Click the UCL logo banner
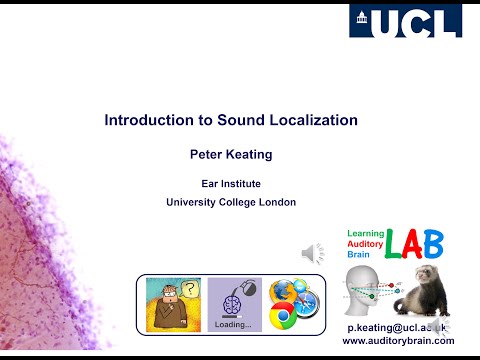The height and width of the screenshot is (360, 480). click(x=405, y=22)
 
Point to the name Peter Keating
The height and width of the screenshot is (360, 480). click(x=231, y=155)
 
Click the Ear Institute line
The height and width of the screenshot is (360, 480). click(x=231, y=183)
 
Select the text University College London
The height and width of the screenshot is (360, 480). click(x=231, y=203)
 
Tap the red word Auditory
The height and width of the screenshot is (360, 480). click(x=366, y=243)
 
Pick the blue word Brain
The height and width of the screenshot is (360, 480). click(x=358, y=254)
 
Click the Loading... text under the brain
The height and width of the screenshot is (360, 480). click(x=233, y=325)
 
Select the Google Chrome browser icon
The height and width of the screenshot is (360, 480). click(x=282, y=318)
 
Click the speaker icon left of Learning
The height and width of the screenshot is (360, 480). click(x=312, y=250)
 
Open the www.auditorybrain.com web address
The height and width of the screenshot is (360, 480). click(x=398, y=340)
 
